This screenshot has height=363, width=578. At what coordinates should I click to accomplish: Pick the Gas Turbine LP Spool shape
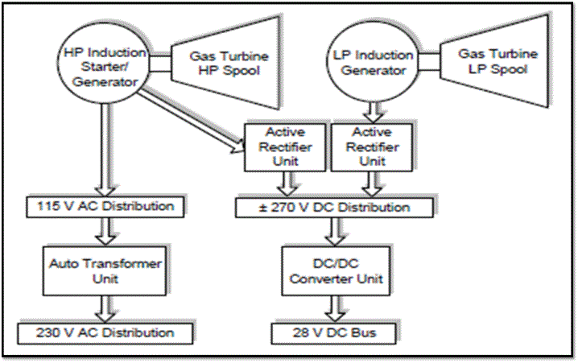click(x=492, y=61)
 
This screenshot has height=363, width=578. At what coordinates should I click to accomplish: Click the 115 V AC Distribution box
click(x=105, y=207)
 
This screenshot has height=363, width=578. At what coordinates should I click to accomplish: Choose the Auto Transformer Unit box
click(x=105, y=270)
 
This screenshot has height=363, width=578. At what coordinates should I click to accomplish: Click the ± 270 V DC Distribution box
click(x=335, y=208)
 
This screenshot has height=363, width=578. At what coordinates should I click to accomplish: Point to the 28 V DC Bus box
click(x=335, y=332)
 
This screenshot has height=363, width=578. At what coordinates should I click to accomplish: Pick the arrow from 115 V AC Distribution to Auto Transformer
click(x=105, y=231)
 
